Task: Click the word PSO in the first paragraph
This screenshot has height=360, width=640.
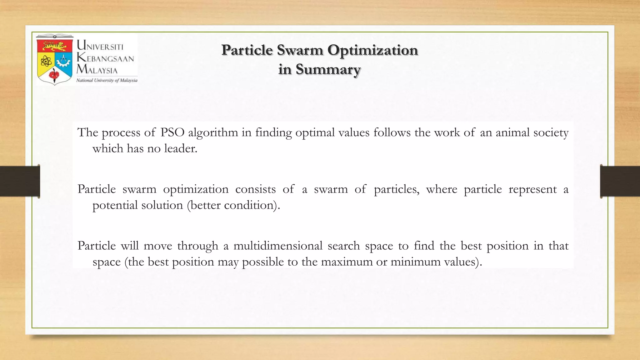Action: tap(172, 132)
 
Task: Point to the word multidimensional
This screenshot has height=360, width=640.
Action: tap(278, 246)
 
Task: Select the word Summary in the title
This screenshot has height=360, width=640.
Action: tap(328, 69)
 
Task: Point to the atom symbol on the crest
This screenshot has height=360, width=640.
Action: tap(46, 61)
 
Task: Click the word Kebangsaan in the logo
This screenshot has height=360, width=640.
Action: tap(105, 58)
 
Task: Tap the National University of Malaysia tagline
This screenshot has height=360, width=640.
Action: tap(107, 80)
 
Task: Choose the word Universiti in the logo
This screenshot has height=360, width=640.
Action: tap(100, 46)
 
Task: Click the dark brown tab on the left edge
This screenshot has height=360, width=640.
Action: tap(20, 181)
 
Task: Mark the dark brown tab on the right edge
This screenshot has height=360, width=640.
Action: tap(620, 181)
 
